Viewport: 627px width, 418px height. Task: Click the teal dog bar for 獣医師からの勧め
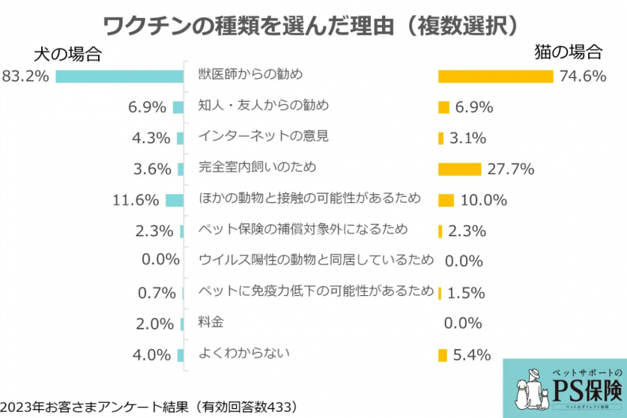(x=120, y=76)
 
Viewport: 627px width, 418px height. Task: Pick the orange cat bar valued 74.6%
(x=495, y=76)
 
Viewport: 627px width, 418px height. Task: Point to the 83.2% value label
(x=25, y=76)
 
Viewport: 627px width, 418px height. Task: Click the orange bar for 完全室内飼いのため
(x=459, y=169)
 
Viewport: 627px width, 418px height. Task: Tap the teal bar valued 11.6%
(x=175, y=200)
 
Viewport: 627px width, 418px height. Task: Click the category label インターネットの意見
(x=264, y=136)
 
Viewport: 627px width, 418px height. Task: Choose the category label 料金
(x=210, y=322)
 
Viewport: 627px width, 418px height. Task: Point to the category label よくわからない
(x=243, y=353)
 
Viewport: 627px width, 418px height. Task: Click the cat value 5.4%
(x=472, y=354)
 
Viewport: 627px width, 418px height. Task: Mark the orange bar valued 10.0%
(x=446, y=200)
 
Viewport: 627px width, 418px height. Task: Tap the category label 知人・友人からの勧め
(x=264, y=105)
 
